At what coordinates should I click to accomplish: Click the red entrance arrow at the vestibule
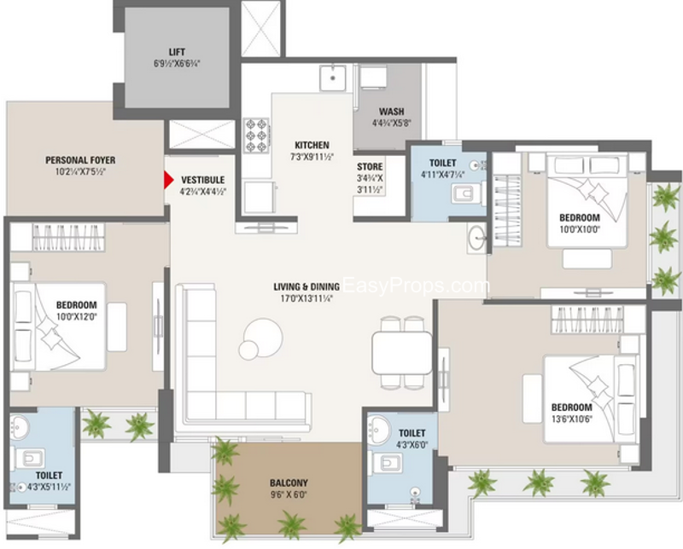tap(168, 180)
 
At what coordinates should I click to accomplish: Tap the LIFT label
tap(177, 52)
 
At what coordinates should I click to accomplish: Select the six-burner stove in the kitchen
tap(256, 136)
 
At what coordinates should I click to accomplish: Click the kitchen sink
tap(332, 78)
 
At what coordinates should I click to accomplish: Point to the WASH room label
tap(391, 112)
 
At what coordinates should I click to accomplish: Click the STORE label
tap(370, 166)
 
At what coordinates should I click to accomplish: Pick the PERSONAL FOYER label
tap(80, 160)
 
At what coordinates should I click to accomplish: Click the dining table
tap(401, 353)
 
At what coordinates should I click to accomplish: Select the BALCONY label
tap(289, 483)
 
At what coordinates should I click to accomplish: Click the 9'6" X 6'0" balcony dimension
tap(289, 494)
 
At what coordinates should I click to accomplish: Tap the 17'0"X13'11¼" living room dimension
tap(306, 298)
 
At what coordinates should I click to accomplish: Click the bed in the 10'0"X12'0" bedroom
tap(58, 327)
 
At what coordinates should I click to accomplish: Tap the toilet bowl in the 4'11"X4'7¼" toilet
tap(467, 194)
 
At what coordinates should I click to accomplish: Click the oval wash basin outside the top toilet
tap(476, 237)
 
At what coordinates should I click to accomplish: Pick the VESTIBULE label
tap(203, 180)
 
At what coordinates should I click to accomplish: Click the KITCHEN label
tap(312, 145)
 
